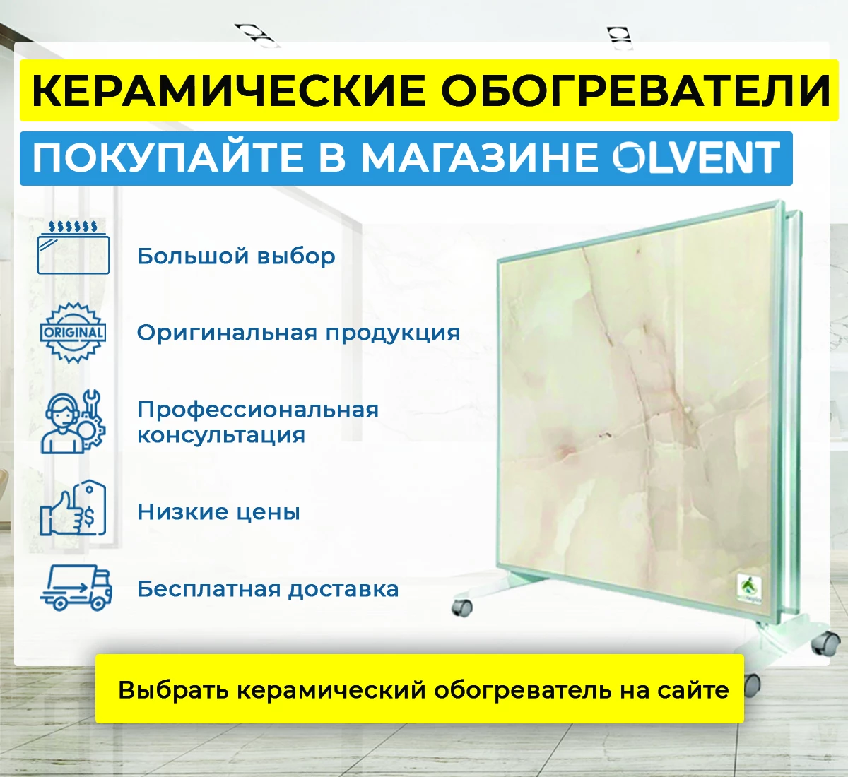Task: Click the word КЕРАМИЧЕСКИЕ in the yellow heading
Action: (229, 90)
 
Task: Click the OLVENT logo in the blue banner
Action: (695, 158)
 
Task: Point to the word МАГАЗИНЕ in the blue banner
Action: (479, 158)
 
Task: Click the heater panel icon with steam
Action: (73, 247)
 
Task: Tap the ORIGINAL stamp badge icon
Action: (73, 332)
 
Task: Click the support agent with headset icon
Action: (73, 422)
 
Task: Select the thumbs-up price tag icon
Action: (73, 509)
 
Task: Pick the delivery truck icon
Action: (76, 588)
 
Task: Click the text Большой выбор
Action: (236, 256)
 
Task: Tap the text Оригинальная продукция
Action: (298, 332)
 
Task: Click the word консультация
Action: (221, 435)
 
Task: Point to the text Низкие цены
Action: (218, 511)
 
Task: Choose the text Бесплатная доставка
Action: (268, 588)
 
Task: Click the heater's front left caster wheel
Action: (462, 607)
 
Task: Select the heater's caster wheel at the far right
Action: (825, 643)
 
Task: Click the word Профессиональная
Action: (258, 410)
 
